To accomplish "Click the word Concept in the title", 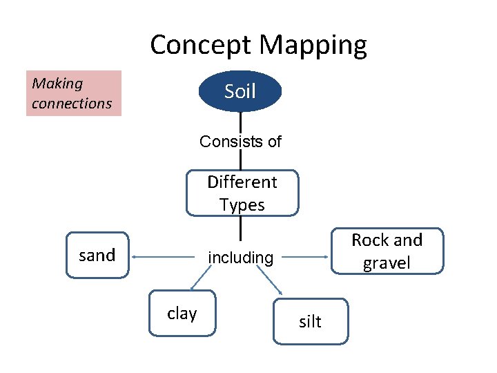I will click(x=202, y=46).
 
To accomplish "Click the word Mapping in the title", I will click(x=315, y=46).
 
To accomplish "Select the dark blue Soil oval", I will click(x=240, y=91).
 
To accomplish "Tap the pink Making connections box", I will click(x=74, y=93).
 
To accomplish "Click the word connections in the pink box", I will click(x=72, y=104).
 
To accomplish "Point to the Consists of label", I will click(x=240, y=142).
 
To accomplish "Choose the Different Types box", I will click(x=242, y=193).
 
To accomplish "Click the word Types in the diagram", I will click(x=242, y=205).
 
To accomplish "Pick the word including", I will click(x=241, y=258).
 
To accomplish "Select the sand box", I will click(x=97, y=255).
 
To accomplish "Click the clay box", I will click(x=182, y=314).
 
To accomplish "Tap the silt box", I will click(x=311, y=321).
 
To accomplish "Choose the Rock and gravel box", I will click(x=387, y=251).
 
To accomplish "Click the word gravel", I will click(x=387, y=263).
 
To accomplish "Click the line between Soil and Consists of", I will click(x=240, y=122).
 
